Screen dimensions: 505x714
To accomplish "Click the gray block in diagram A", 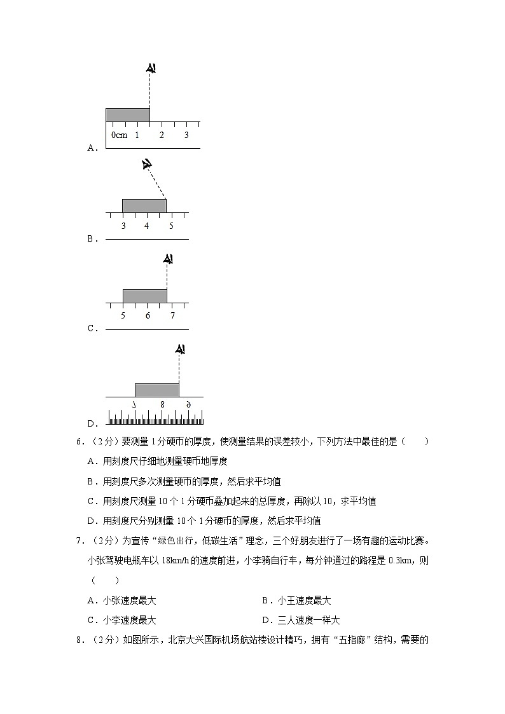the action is coord(127,114).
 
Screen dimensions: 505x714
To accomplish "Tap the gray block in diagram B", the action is coord(144,205).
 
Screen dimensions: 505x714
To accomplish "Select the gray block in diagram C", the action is coord(144,296).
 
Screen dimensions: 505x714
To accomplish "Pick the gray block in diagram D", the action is coord(156,390).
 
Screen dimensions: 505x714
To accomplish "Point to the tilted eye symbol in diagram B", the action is coord(147,165).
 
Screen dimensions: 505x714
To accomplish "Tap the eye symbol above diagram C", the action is coord(168,259).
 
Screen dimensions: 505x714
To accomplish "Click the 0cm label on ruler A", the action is coord(119,135).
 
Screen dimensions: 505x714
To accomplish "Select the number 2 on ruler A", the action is coord(162,135).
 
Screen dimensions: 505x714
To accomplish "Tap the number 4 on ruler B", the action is coord(147,226).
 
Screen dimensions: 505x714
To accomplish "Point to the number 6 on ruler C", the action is coord(148,316).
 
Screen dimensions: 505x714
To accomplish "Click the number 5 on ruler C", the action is coord(123,316).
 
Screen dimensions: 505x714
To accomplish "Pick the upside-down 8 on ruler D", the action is coord(162,404).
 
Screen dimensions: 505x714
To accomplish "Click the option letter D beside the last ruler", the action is coord(91,423).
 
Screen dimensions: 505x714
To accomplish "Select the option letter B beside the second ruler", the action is coord(91,239).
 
